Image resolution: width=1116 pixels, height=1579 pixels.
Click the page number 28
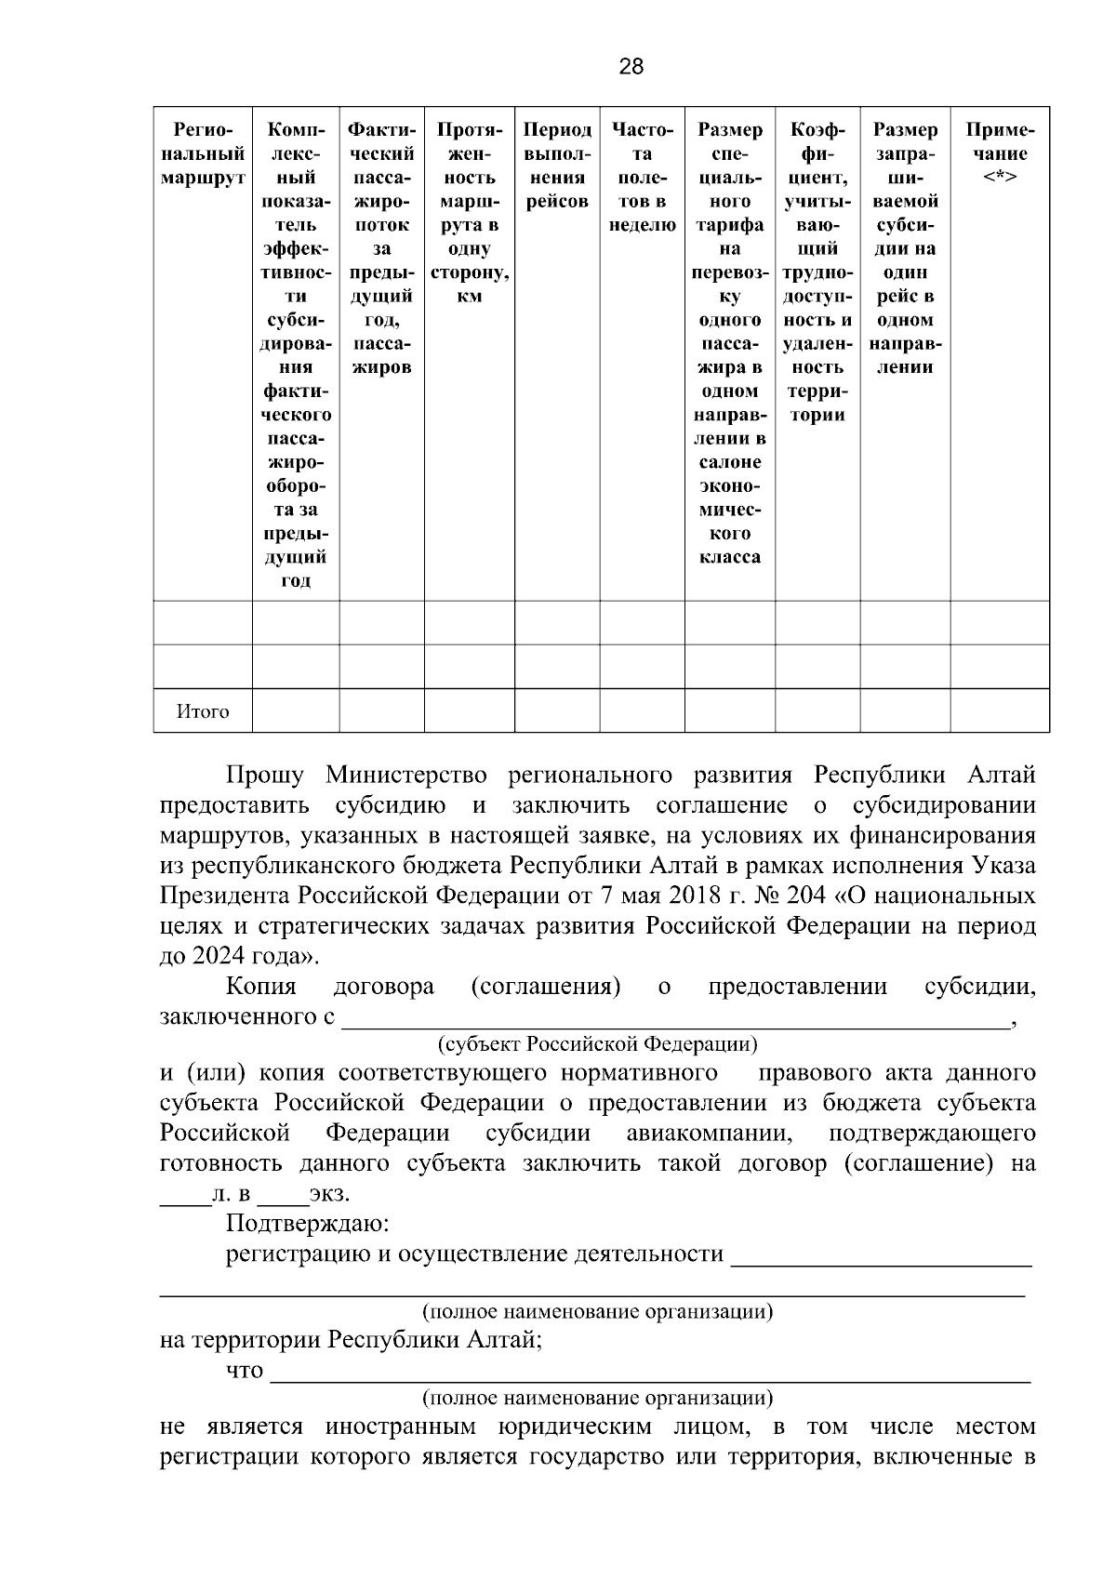point(630,67)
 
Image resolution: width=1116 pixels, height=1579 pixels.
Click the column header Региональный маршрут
point(203,153)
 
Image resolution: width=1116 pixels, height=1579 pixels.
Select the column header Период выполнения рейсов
point(556,166)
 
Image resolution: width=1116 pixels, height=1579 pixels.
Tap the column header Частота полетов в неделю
point(642,177)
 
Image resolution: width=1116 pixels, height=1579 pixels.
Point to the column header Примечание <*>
point(1000,153)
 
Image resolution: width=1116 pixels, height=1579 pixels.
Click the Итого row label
point(203,712)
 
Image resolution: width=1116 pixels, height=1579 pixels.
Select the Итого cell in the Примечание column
point(1000,711)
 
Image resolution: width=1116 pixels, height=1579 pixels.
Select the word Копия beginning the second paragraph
point(261,987)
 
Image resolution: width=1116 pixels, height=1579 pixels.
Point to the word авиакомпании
point(709,1134)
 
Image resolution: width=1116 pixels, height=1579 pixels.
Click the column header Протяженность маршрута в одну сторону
point(470,213)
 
